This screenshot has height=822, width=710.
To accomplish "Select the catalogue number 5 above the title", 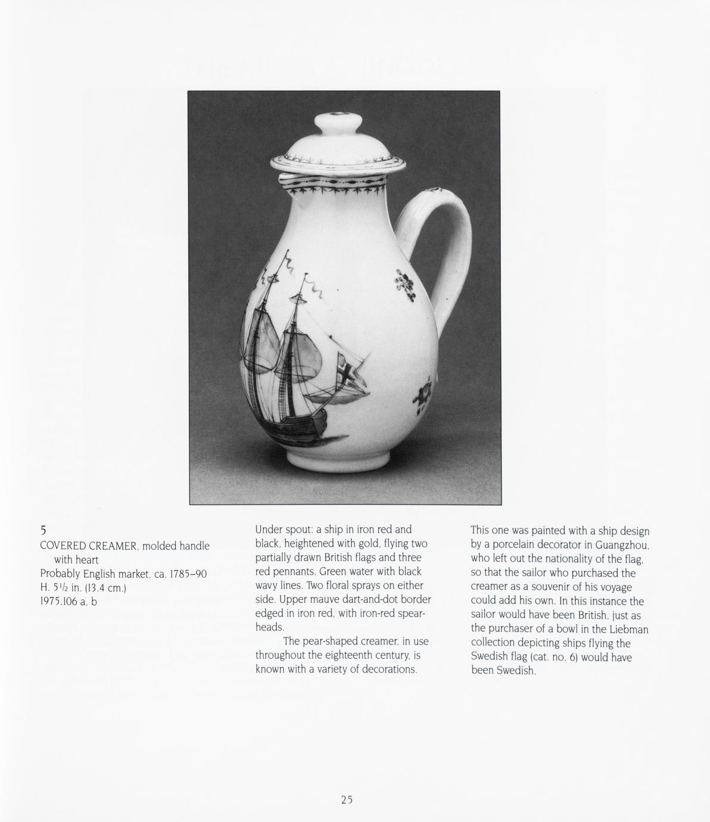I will click(43, 530).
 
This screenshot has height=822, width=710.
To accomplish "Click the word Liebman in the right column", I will click(628, 629).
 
